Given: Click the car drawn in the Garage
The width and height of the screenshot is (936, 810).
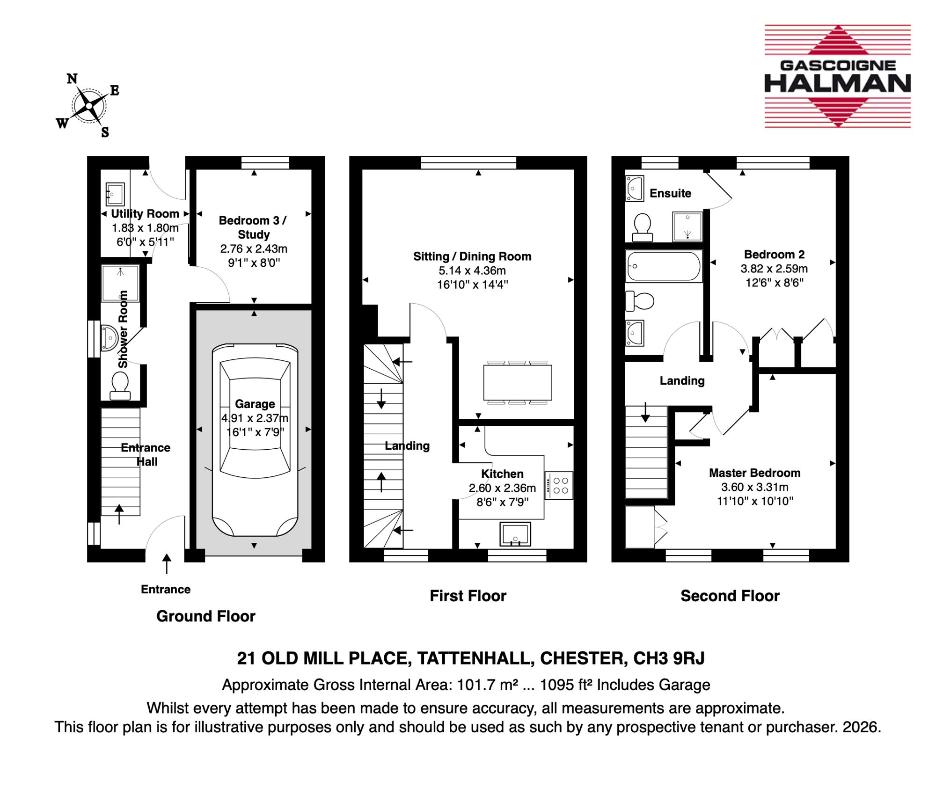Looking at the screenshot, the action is tap(255, 440).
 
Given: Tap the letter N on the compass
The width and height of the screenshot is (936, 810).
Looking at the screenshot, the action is tap(72, 79).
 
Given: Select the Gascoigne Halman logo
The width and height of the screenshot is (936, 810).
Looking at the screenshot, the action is tap(838, 76).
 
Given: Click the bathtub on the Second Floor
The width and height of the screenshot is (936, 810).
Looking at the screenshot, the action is tap(664, 266).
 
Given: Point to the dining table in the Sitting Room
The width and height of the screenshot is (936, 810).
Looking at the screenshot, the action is tap(518, 382).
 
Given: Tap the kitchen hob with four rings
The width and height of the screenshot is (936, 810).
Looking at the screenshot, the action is tap(559, 485).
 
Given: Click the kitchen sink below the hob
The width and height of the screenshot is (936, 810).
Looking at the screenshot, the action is tap(515, 534).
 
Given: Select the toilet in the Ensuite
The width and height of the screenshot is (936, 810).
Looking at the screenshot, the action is tap(643, 227).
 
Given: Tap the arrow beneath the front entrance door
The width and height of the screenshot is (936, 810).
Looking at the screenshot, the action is tap(167, 564).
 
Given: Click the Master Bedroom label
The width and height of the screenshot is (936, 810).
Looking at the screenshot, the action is tap(754, 473).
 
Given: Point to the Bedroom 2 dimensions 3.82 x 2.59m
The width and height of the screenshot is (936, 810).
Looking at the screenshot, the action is tap(774, 269).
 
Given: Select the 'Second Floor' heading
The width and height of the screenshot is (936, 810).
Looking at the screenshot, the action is tap(730, 596).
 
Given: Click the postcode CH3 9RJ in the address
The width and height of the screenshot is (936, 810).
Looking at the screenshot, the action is tap(669, 658).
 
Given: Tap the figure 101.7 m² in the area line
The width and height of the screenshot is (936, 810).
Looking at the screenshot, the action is tap(488, 685).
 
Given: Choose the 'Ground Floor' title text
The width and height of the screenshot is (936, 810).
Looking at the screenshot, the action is tap(206, 616).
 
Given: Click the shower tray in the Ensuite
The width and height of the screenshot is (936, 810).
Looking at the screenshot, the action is tap(687, 227).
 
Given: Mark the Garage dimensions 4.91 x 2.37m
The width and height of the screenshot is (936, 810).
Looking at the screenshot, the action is tap(255, 418).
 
